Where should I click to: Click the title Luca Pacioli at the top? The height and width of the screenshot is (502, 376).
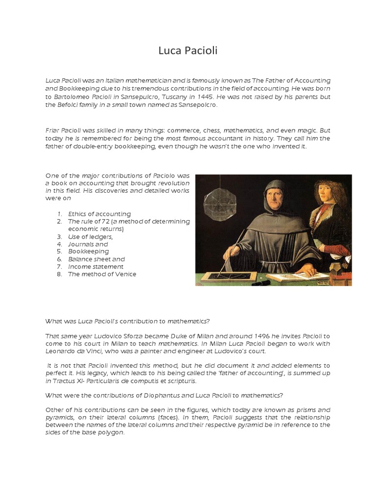(x=188, y=50)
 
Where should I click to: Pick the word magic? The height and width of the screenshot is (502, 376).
(x=306, y=130)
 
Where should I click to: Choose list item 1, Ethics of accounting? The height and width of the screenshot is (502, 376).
(x=99, y=214)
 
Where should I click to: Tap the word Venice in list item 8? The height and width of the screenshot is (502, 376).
(x=124, y=274)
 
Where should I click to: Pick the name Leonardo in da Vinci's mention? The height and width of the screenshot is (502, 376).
(x=61, y=351)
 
